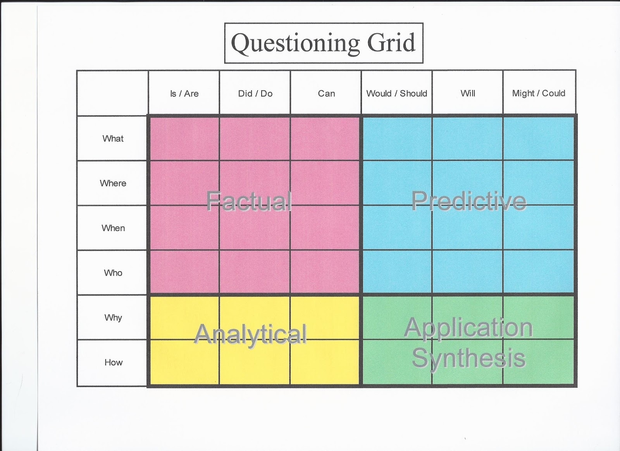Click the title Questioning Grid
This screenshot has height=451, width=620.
pos(323,43)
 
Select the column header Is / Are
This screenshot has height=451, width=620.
pos(184,93)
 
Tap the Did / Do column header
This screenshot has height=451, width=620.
pos(255,93)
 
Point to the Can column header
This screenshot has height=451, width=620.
pos(326,93)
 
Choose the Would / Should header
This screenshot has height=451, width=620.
pos(397,93)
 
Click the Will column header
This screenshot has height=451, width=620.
pos(468,93)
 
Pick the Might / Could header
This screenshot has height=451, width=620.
pos(539,93)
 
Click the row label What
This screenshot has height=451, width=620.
pos(113,138)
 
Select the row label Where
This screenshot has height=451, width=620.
pos(113,183)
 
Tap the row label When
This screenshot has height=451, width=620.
pos(113,228)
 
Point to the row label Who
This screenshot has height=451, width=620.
pos(113,273)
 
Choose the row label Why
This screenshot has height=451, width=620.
pos(113,318)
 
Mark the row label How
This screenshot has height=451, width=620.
pos(114,362)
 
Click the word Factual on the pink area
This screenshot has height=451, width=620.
pos(249,201)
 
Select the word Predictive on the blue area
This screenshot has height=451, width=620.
pos(468,201)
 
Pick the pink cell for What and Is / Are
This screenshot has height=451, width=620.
pos(184,138)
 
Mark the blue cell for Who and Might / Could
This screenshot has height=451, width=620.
pos(539,271)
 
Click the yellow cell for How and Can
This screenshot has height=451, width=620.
pos(325,362)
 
